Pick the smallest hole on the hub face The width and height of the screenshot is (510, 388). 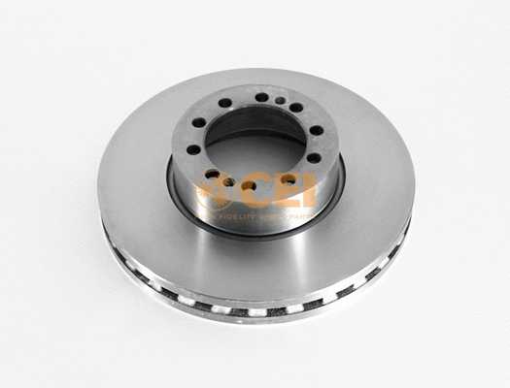point(280,100)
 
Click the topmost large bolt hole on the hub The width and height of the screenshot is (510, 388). point(261,97)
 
